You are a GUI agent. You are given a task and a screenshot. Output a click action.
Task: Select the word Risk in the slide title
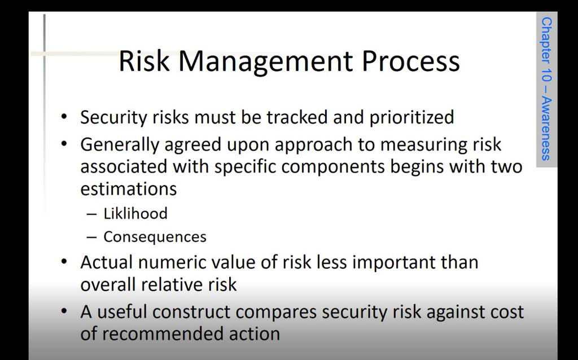pyautogui.click(x=144, y=61)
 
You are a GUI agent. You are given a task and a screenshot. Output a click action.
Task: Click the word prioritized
pyautogui.click(x=411, y=117)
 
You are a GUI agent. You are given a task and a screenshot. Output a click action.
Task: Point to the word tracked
pyautogui.click(x=297, y=117)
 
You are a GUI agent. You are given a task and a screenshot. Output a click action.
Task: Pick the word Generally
pyautogui.click(x=120, y=145)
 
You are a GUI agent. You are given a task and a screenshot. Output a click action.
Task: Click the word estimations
pyautogui.click(x=129, y=188)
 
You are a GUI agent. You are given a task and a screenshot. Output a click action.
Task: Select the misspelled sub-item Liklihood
pyautogui.click(x=135, y=213)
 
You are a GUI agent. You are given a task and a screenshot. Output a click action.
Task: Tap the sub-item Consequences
pyautogui.click(x=155, y=237)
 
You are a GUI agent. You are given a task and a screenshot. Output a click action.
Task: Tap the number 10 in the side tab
pyautogui.click(x=546, y=75)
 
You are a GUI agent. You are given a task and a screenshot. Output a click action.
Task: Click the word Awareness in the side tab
pyautogui.click(x=546, y=129)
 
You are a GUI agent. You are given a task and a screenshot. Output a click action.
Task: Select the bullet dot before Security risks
pyautogui.click(x=64, y=117)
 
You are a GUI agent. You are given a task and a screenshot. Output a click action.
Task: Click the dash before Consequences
pyautogui.click(x=91, y=237)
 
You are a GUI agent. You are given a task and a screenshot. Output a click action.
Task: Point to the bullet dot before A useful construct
pyautogui.click(x=64, y=312)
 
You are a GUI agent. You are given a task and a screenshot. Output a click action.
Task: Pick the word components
pyautogui.click(x=333, y=167)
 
